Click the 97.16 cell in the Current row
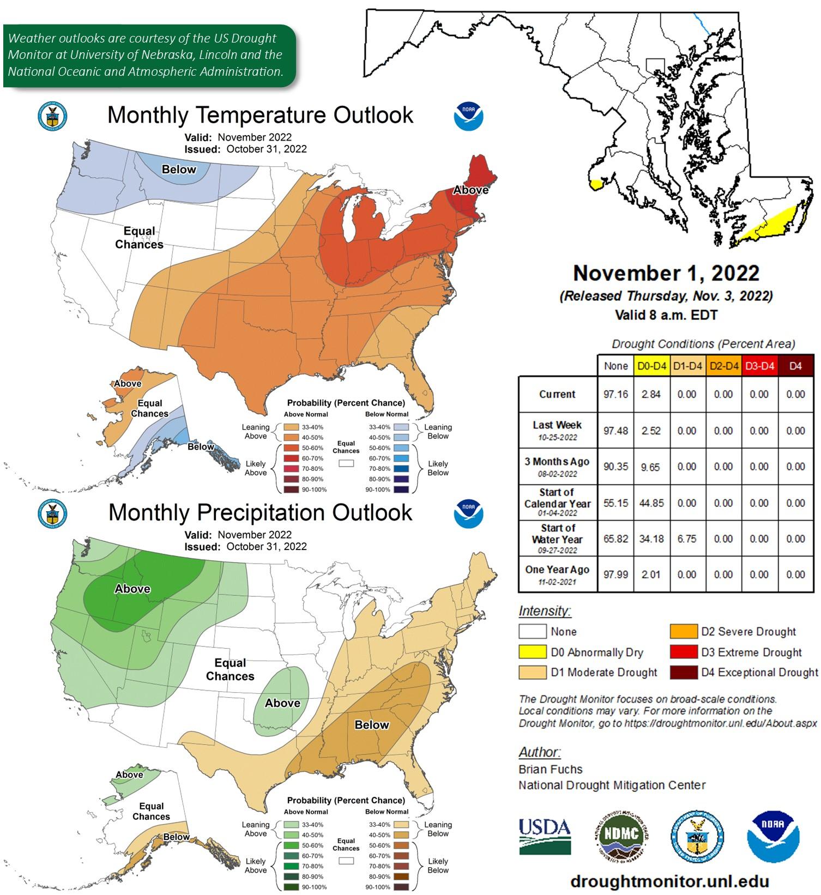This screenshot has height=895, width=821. (615, 394)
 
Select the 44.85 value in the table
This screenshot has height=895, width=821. (651, 503)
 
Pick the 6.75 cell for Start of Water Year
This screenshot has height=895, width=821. (687, 539)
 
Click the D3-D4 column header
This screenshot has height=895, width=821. (759, 366)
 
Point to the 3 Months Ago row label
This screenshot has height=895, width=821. (557, 467)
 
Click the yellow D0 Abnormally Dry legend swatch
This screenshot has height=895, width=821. (532, 652)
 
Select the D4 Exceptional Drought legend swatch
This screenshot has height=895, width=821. (684, 672)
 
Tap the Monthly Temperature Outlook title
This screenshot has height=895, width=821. (260, 115)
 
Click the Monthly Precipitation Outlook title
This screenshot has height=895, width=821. (260, 512)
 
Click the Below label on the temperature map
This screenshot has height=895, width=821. (178, 170)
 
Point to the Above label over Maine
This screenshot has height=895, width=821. (470, 190)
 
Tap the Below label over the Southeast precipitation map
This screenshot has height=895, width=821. (372, 725)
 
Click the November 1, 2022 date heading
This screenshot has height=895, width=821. (666, 273)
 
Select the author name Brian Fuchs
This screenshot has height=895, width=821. (550, 769)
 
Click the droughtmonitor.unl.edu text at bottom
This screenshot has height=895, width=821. (669, 881)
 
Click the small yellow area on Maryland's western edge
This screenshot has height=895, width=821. (595, 184)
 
